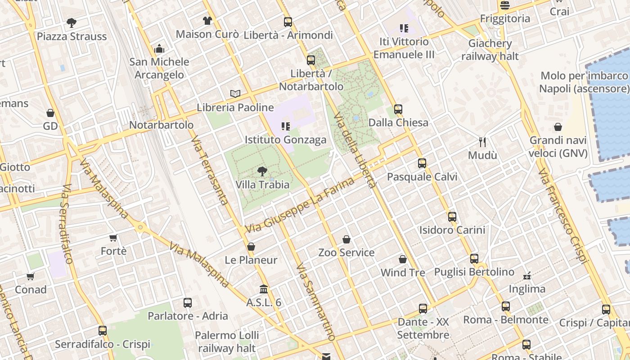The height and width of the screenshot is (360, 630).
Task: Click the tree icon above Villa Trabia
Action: click(x=262, y=171)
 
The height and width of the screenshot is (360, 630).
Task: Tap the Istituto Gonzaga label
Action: click(x=285, y=139)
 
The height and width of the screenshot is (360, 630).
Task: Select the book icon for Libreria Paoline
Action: click(x=235, y=94)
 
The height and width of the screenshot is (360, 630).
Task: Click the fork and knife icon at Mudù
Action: click(x=482, y=142)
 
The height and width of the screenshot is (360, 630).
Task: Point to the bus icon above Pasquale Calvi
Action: click(x=422, y=163)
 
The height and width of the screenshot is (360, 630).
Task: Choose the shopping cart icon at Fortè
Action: click(x=113, y=238)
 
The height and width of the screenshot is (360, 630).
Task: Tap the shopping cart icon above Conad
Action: click(x=30, y=276)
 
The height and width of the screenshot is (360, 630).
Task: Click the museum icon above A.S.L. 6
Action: click(x=264, y=289)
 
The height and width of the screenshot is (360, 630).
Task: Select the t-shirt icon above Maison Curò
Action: click(x=207, y=21)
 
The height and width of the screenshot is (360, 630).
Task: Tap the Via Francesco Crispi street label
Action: click(x=562, y=216)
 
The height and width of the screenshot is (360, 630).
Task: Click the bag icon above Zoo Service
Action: click(x=346, y=239)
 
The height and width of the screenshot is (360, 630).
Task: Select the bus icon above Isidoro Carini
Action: click(x=452, y=217)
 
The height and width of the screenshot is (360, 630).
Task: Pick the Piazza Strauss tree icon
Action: click(x=71, y=22)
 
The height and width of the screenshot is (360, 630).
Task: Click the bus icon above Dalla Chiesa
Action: click(x=398, y=109)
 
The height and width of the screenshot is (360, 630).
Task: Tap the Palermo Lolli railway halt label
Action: click(x=227, y=342)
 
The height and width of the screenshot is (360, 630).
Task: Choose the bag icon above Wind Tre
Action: click(x=403, y=260)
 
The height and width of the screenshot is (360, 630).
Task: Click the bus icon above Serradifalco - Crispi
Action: click(x=103, y=331)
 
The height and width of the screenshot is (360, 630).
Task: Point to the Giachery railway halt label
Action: click(x=490, y=49)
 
